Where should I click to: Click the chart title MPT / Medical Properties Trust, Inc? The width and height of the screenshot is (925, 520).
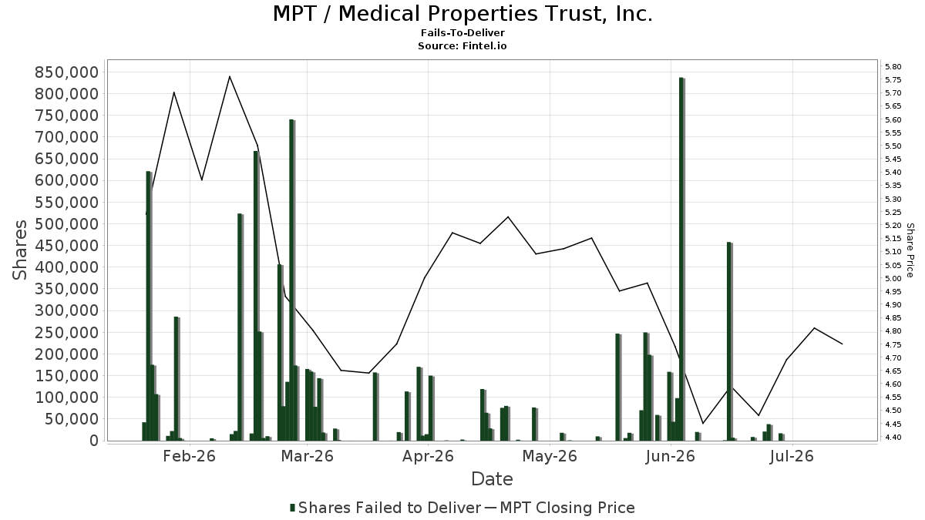(462, 14)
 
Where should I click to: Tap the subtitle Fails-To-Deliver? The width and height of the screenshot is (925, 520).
(462, 33)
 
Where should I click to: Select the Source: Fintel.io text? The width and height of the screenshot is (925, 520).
(462, 45)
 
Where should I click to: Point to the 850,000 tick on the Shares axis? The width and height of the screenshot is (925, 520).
(67, 72)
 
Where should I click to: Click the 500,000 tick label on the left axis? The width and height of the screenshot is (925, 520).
(67, 224)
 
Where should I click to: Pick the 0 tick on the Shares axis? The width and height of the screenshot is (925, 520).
(95, 441)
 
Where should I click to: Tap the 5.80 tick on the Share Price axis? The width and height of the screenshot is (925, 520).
(893, 66)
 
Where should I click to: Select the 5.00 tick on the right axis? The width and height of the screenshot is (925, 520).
(893, 278)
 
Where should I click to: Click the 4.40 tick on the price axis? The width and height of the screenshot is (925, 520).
(893, 437)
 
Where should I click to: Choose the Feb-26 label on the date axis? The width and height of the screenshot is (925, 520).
(190, 456)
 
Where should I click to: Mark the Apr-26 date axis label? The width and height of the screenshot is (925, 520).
(429, 456)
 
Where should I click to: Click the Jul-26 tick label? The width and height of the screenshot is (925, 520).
(792, 456)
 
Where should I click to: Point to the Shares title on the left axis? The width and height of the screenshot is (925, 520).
(20, 250)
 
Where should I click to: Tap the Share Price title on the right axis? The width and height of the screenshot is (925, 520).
(910, 250)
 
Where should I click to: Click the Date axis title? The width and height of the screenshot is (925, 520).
(493, 479)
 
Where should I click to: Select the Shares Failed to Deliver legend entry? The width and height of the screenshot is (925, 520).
(385, 508)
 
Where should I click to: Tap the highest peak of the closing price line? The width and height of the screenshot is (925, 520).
(230, 76)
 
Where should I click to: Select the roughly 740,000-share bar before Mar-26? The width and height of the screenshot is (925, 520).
(292, 280)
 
